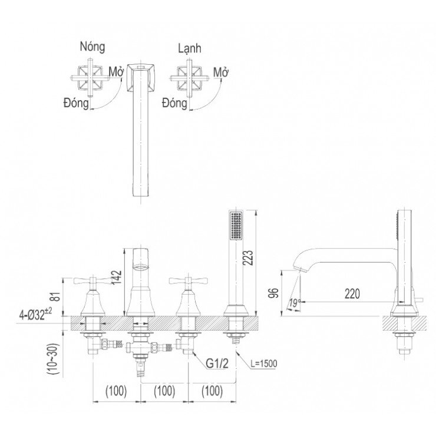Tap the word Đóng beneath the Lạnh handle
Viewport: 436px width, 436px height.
[x=174, y=104]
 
